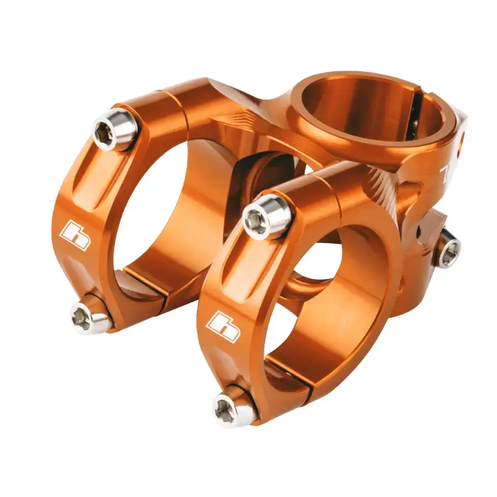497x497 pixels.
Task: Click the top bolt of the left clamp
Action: pos(114,130)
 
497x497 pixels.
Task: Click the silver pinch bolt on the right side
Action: pos(448,251)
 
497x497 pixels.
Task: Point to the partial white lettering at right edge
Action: pos(445,175)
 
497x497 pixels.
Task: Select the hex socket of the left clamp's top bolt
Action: pos(105,133)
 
